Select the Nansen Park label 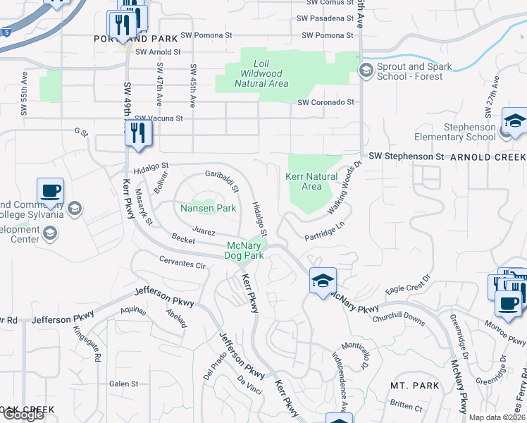[x=208, y=208]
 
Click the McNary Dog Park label [x=244, y=250]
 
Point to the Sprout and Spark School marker [x=366, y=70]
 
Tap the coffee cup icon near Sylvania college [x=51, y=191]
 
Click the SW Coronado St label [x=325, y=102]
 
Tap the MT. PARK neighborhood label [x=415, y=386]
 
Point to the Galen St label [x=124, y=384]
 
